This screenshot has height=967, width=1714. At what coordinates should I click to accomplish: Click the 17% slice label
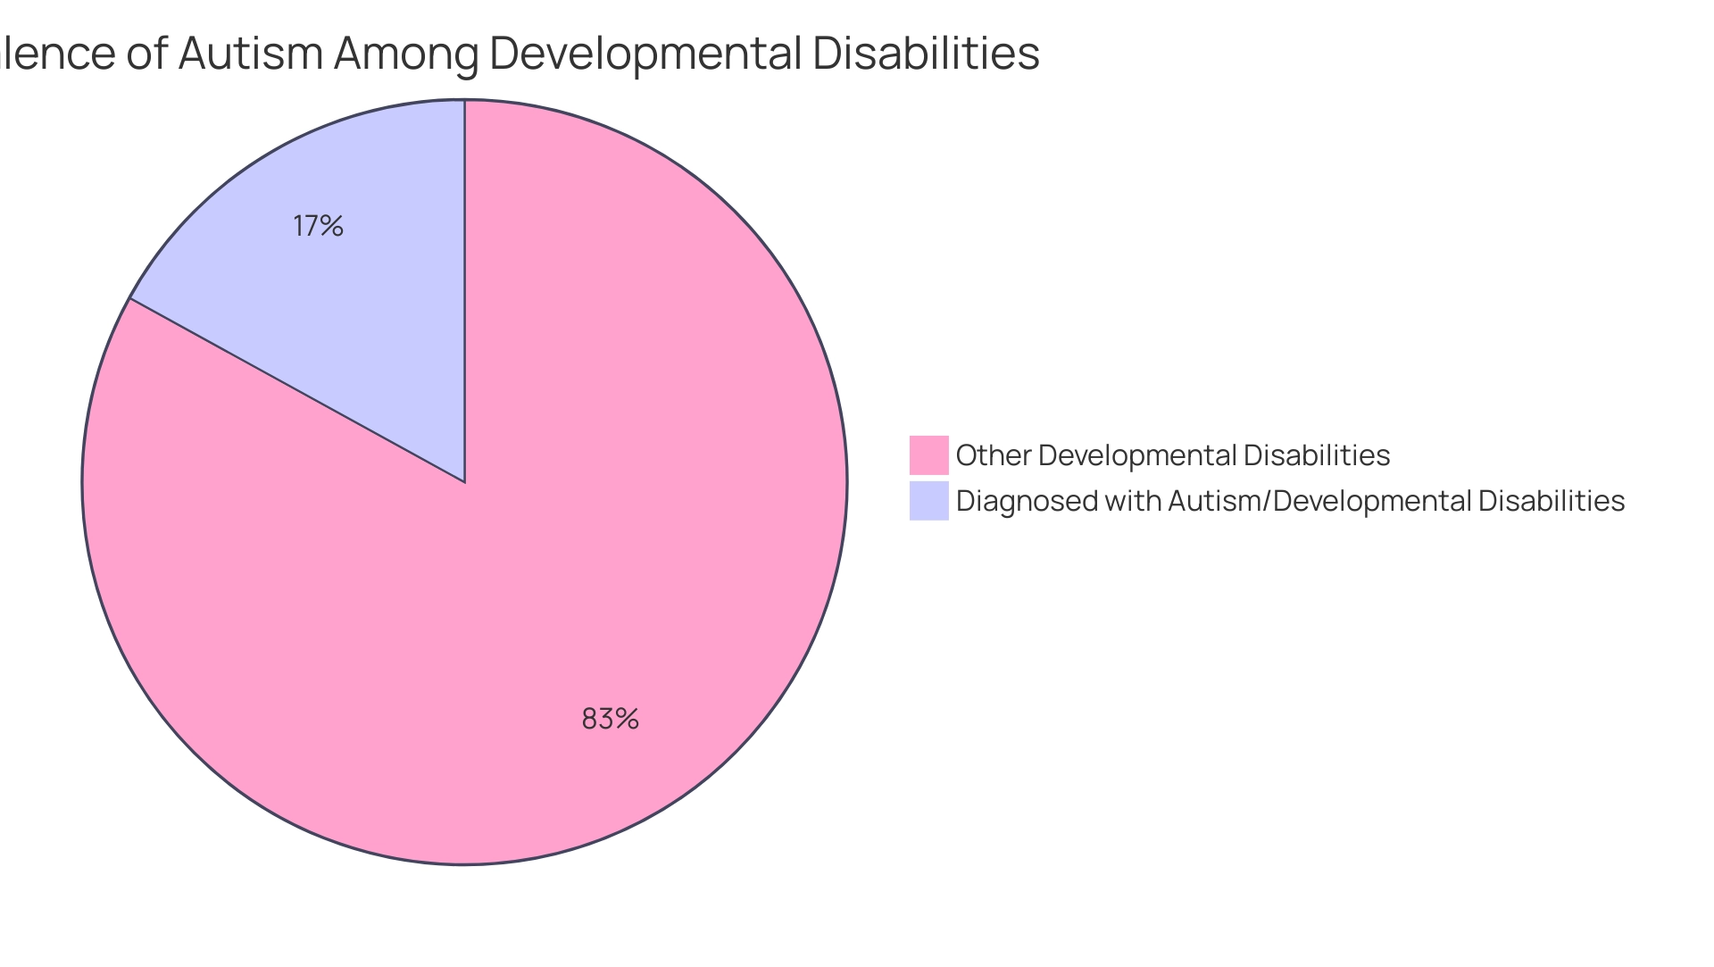(318, 227)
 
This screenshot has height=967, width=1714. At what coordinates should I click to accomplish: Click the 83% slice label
(610, 719)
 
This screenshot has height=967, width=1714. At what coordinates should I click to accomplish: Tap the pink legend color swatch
(928, 455)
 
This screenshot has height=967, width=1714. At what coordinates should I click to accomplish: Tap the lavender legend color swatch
(928, 501)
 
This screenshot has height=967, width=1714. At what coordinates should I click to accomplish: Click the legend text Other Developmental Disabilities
(1172, 455)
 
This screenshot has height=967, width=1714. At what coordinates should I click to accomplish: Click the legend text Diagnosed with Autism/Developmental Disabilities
(1290, 501)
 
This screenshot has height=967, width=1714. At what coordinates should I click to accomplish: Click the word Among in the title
(406, 53)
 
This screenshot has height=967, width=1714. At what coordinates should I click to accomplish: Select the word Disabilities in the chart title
(926, 53)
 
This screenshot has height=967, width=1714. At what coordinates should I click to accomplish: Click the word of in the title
(147, 53)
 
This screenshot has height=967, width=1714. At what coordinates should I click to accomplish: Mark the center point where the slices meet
(464, 482)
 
